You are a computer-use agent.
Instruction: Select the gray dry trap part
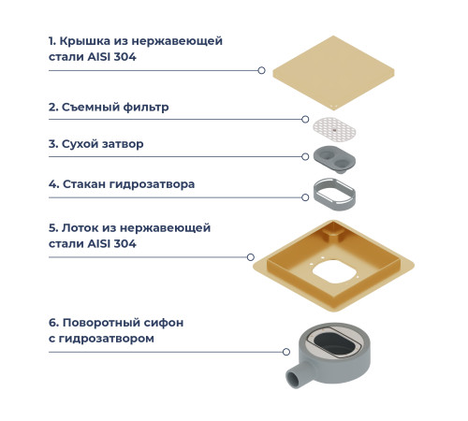(338, 156)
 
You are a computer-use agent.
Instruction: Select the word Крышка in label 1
(85, 42)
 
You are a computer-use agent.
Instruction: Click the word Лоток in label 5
(81, 227)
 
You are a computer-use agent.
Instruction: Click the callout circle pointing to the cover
(261, 70)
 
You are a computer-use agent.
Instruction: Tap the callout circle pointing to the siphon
(286, 352)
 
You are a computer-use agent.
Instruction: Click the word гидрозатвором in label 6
(109, 338)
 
